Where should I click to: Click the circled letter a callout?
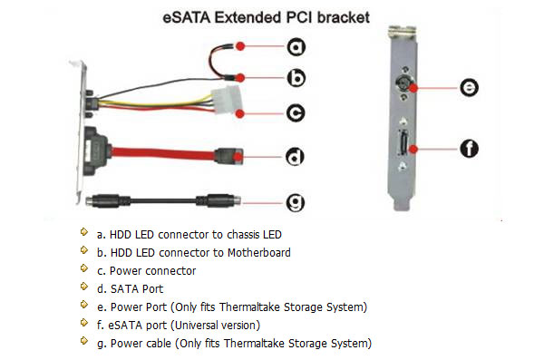pos(296,47)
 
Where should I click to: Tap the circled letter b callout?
pos(296,78)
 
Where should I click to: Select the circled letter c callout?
pos(296,113)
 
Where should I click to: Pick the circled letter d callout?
pos(295,157)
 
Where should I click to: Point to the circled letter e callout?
pos(469,87)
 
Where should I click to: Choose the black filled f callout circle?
pos(469,149)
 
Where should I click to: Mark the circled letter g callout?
pos(296,202)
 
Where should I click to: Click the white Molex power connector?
pos(226,100)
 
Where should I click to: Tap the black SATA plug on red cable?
pos(228,156)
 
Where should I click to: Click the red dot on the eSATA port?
pos(413,149)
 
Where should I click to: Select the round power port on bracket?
pos(403,83)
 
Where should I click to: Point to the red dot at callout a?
pos(240,46)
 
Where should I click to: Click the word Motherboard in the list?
pos(258,253)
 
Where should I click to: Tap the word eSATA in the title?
pos(186,18)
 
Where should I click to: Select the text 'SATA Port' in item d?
pos(137,289)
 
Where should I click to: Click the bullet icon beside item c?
pos(84,268)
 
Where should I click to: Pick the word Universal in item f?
pos(196,326)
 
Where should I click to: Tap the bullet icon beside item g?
pos(84,341)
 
